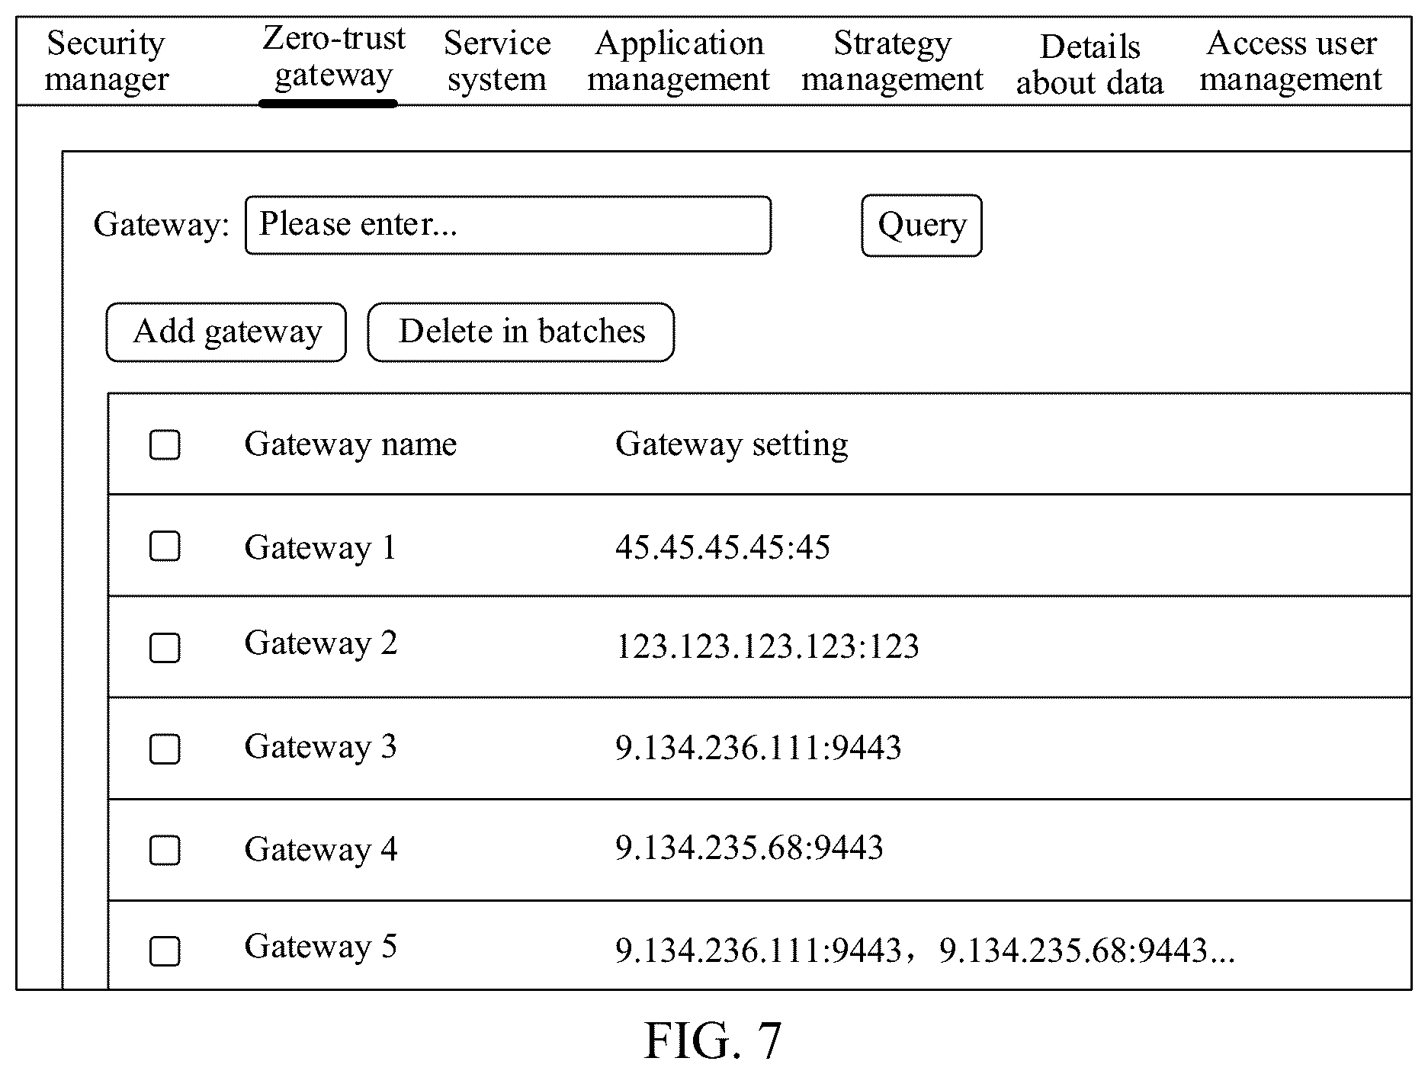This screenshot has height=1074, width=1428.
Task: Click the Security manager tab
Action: (106, 61)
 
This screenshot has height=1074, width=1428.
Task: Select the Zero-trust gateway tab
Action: (333, 57)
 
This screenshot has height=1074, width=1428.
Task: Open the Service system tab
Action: (497, 61)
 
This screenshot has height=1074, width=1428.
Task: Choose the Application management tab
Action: (679, 61)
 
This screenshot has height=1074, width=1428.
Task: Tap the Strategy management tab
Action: (892, 61)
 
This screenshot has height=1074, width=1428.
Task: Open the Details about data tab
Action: (1089, 65)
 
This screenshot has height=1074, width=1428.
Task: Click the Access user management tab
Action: (1291, 61)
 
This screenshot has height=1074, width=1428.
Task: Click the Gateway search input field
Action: (508, 225)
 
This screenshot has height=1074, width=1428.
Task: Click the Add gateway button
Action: (226, 332)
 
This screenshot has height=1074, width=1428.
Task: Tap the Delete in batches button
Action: (521, 332)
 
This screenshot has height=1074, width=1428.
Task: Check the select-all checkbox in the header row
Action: (165, 445)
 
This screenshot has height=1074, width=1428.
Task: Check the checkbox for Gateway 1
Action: (165, 547)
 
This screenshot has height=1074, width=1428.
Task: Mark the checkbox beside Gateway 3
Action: (165, 749)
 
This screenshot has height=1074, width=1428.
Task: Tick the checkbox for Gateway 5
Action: (165, 951)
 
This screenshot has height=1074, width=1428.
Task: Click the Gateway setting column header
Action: (731, 444)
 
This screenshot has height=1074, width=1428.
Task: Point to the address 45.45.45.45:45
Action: (723, 547)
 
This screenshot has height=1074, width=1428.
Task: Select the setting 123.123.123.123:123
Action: (767, 646)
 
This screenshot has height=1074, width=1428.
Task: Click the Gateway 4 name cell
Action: (321, 849)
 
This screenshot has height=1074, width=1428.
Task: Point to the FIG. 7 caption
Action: (713, 1041)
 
